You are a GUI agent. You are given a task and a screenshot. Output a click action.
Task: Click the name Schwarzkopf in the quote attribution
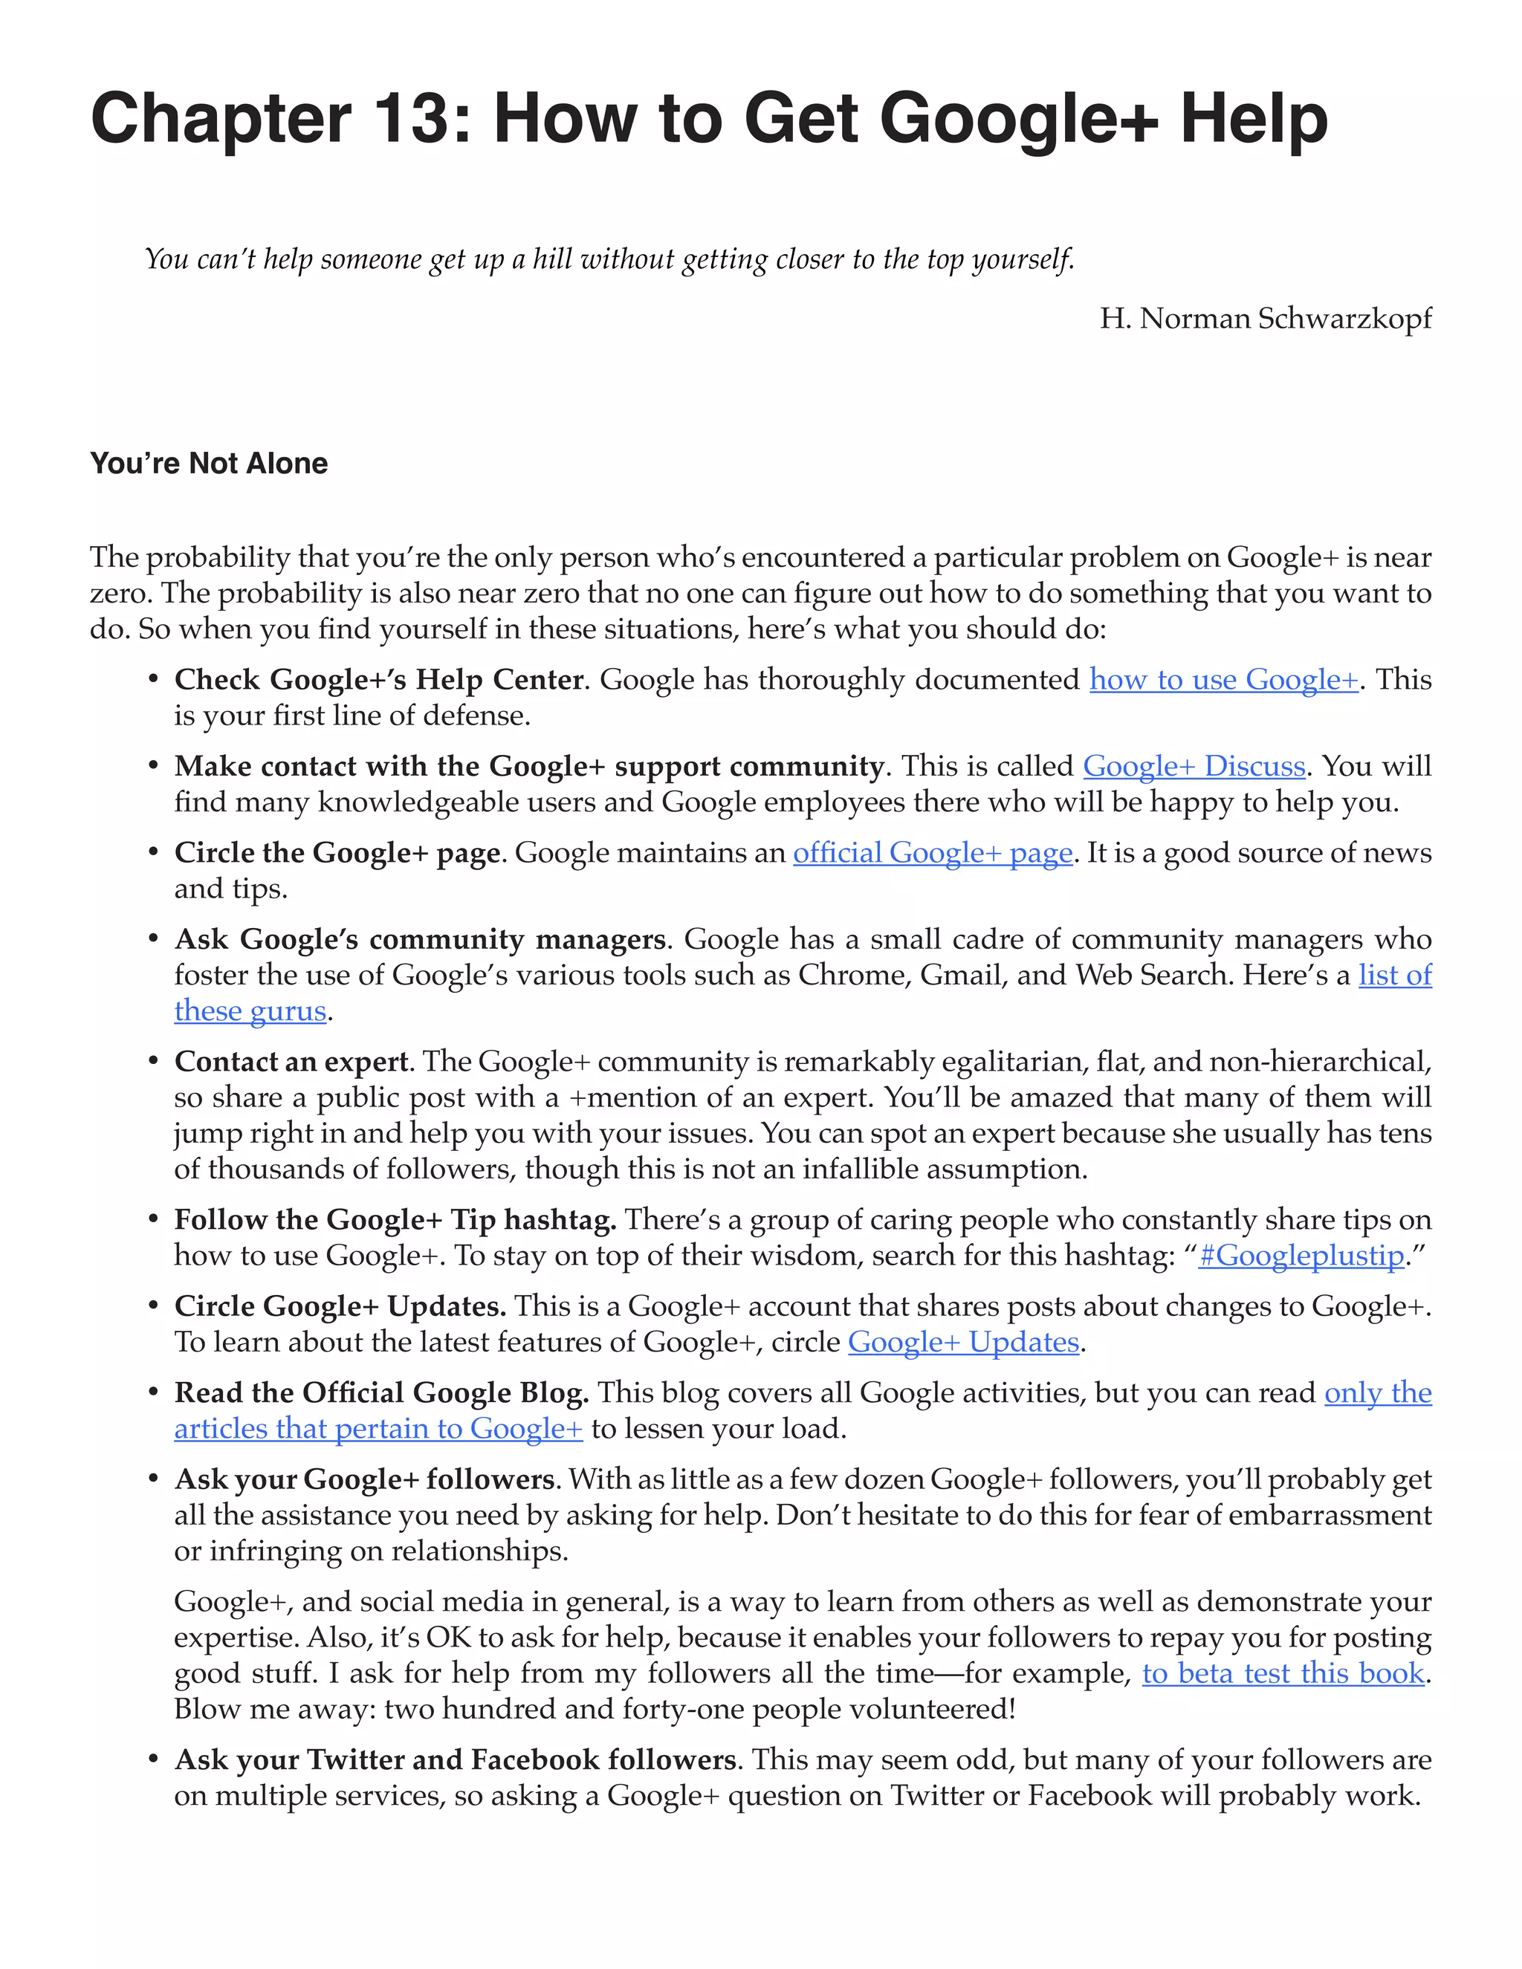tap(1344, 319)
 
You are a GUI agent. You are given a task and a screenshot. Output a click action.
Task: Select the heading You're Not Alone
tap(208, 464)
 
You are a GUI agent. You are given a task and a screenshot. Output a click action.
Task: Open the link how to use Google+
tap(1223, 679)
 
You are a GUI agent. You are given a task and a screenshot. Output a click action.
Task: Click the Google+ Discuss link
tap(1194, 765)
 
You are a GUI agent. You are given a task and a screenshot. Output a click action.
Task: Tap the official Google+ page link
tap(933, 852)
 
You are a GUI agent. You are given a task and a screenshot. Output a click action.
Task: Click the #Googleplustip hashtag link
tap(1301, 1255)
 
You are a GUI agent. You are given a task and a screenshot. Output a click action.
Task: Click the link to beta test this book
tap(1283, 1673)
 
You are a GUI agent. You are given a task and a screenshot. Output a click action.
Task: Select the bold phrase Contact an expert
tap(291, 1061)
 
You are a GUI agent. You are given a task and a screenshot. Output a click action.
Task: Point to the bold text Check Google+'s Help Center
tap(379, 679)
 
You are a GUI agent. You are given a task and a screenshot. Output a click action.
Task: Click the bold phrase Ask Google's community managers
tap(420, 938)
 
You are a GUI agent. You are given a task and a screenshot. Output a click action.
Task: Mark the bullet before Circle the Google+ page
tap(154, 853)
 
